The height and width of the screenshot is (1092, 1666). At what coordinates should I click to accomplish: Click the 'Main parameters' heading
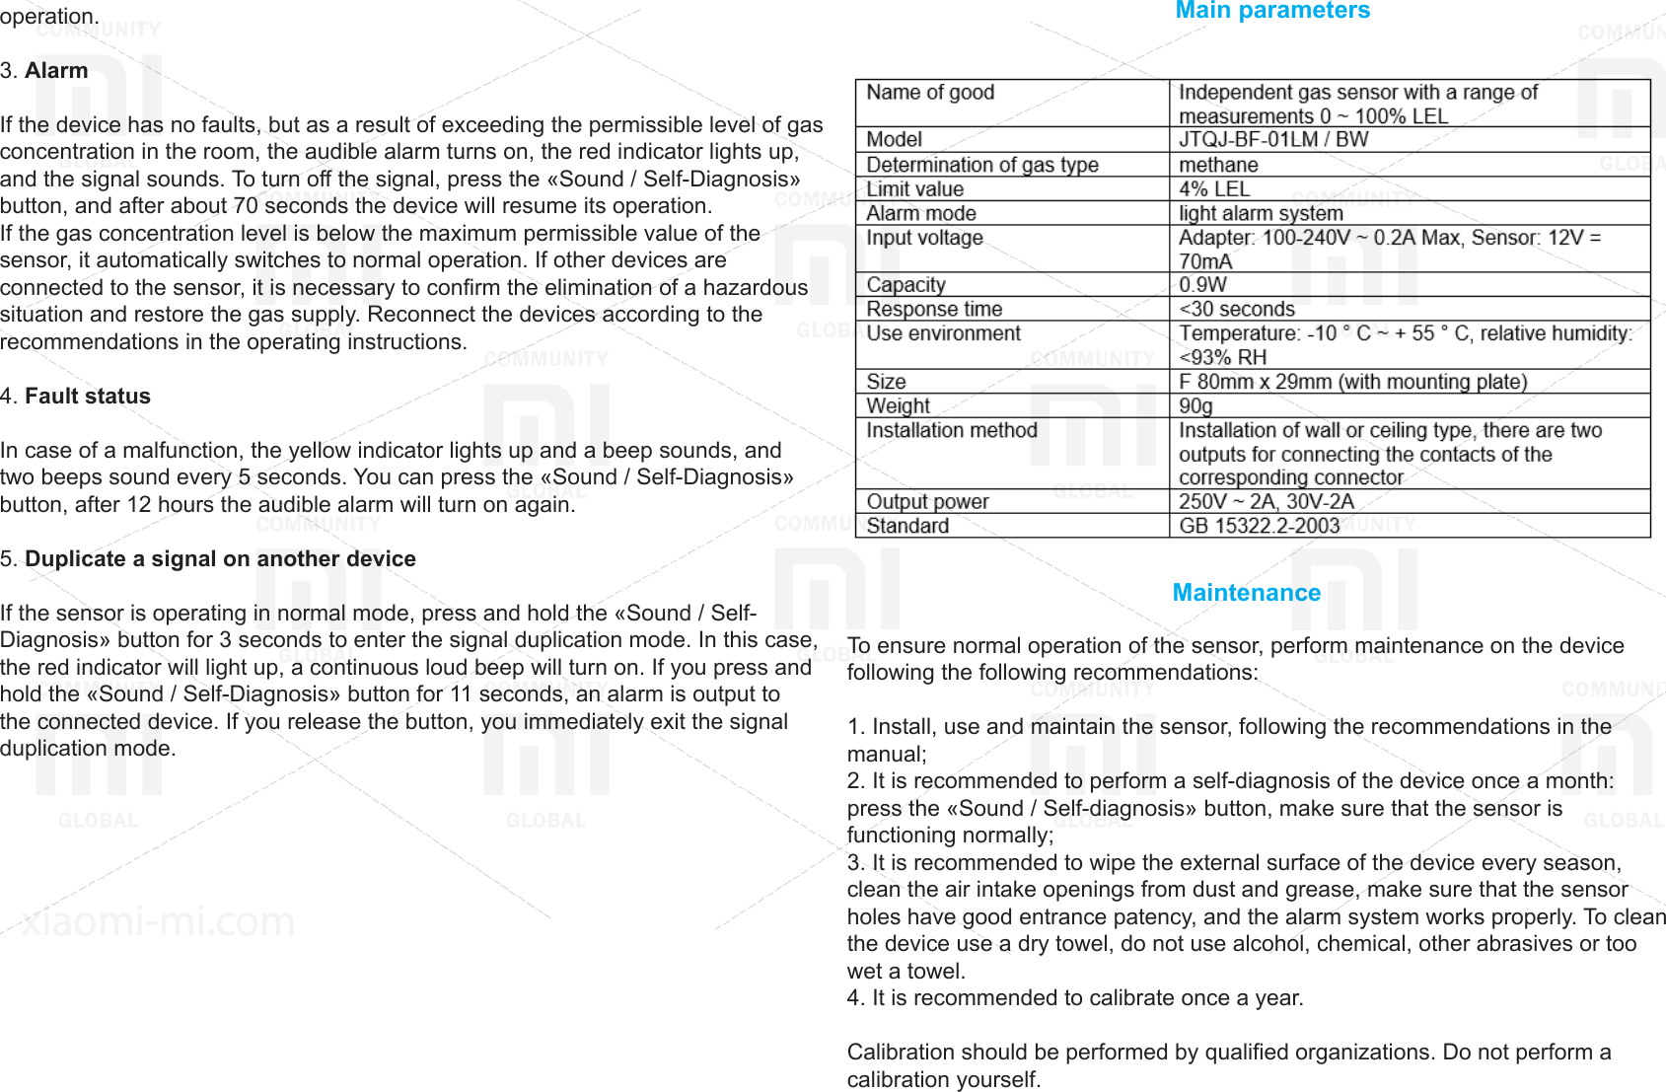tap(1272, 11)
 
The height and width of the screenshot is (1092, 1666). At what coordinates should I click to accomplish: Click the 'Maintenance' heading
tap(1246, 593)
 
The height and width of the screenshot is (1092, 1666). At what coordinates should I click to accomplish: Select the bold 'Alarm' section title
tap(56, 71)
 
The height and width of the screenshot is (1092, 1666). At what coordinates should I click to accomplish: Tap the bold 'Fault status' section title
tap(88, 397)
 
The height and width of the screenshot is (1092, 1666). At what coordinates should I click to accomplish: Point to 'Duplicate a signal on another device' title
tap(220, 559)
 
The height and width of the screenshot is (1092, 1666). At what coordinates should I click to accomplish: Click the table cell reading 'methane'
tap(1218, 165)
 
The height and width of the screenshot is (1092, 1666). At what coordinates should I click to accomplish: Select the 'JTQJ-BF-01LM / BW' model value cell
tap(1273, 139)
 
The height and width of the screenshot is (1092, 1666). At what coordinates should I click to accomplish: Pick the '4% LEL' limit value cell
tap(1214, 189)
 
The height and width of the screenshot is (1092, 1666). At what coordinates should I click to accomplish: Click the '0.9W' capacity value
tap(1203, 285)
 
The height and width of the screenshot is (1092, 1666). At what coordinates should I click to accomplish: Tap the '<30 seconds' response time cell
tap(1237, 309)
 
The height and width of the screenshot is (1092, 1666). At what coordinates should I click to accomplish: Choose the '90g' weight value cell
tap(1195, 405)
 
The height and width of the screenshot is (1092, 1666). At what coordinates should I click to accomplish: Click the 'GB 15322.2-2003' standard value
tap(1260, 526)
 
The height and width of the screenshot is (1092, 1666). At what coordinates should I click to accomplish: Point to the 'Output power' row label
tap(927, 501)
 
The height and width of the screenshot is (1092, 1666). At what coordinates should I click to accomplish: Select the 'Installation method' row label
tap(952, 430)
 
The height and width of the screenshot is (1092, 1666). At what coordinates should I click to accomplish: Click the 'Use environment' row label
tap(943, 333)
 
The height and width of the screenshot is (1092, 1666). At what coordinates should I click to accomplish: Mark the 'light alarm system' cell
tap(1261, 213)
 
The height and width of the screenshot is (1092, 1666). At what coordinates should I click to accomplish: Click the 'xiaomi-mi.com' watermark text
tap(158, 922)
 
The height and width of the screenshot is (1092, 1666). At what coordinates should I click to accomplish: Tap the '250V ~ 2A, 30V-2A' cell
tap(1267, 501)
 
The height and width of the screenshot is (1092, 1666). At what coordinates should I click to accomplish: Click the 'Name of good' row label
tap(930, 93)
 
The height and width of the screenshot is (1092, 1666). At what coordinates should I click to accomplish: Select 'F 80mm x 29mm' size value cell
tap(1352, 382)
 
